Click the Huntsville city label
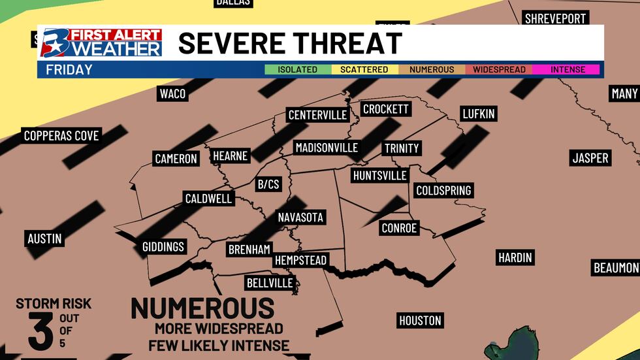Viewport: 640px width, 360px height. click(x=379, y=175)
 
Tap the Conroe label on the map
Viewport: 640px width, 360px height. click(x=398, y=228)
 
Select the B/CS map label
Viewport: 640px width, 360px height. click(x=268, y=184)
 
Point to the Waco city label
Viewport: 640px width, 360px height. click(x=172, y=93)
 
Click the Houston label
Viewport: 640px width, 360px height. click(x=421, y=321)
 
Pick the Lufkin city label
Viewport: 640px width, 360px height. click(x=478, y=114)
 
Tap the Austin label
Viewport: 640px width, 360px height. click(x=44, y=238)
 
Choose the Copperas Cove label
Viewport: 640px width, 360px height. click(x=61, y=136)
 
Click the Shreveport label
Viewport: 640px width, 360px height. click(x=555, y=18)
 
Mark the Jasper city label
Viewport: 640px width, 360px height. click(x=590, y=157)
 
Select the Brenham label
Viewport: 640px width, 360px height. click(x=249, y=249)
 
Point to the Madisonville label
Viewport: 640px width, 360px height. click(x=327, y=148)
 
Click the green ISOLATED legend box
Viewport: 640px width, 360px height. click(x=297, y=69)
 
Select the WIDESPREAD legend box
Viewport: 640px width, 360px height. click(x=498, y=69)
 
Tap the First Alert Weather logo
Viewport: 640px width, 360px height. click(x=102, y=43)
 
